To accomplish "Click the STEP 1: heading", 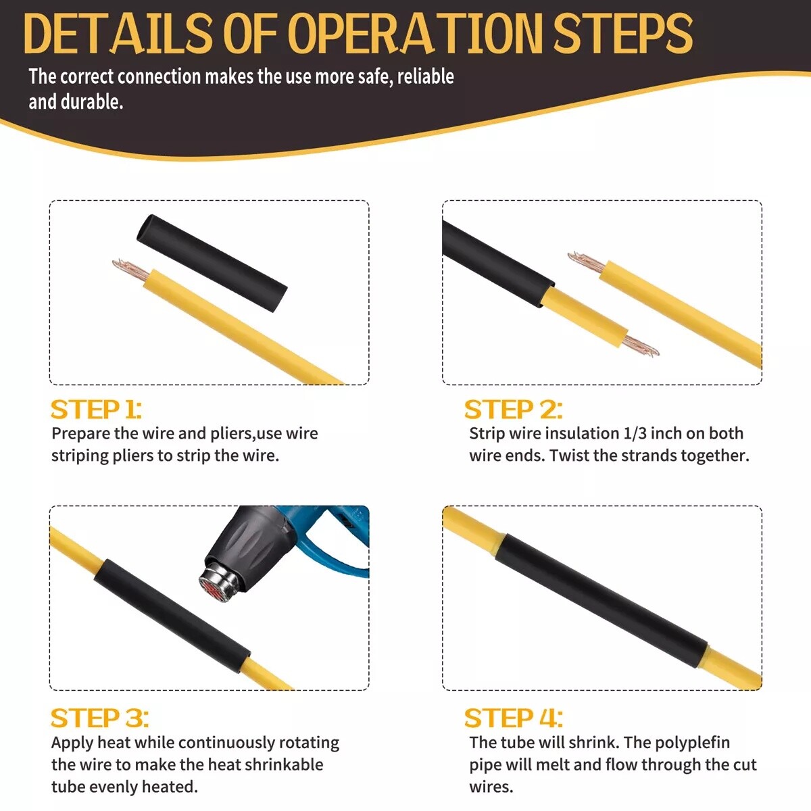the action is point(96,410).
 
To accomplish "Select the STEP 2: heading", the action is point(513,410).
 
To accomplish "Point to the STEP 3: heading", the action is point(99,718).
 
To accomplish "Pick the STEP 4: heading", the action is point(514,718).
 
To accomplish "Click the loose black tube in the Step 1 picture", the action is point(212,263).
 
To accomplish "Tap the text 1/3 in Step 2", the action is point(634,433).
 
